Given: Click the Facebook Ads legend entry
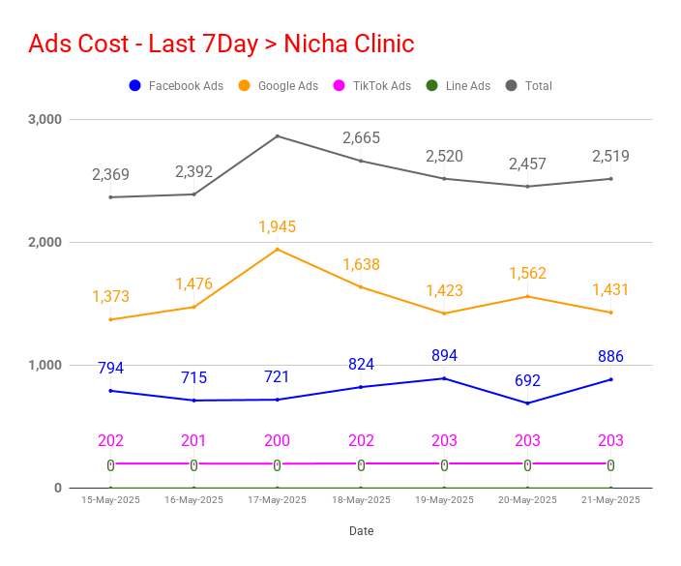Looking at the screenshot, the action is pyautogui.click(x=176, y=85).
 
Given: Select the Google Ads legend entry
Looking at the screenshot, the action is pyautogui.click(x=279, y=85).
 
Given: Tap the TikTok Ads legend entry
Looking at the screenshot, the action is pyautogui.click(x=372, y=85).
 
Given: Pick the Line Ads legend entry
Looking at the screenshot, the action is pyautogui.click(x=459, y=85).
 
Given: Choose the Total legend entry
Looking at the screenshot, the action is pyautogui.click(x=529, y=85).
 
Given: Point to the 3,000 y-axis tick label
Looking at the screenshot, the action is pyautogui.click(x=44, y=119).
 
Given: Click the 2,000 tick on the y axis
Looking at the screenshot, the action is pyautogui.click(x=44, y=242).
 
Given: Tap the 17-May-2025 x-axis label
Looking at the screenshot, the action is pyautogui.click(x=277, y=500).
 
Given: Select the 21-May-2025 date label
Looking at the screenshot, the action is pyautogui.click(x=610, y=500).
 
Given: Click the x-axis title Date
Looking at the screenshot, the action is pyautogui.click(x=362, y=531).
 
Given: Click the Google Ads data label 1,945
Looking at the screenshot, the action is pyautogui.click(x=277, y=226).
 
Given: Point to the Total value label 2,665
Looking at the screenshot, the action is pyautogui.click(x=361, y=138).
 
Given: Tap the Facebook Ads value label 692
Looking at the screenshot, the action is pyautogui.click(x=527, y=380).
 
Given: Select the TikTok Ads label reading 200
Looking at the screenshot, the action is pyautogui.click(x=277, y=440).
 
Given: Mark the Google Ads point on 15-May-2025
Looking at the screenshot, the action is pyautogui.click(x=110, y=319).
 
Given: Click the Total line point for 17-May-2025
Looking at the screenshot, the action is pyautogui.click(x=278, y=136).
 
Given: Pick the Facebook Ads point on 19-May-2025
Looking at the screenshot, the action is pyautogui.click(x=444, y=378).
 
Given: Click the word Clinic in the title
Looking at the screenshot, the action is pyautogui.click(x=384, y=44).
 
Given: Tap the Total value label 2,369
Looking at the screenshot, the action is pyautogui.click(x=110, y=174).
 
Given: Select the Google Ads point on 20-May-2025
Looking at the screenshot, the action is pyautogui.click(x=528, y=297).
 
